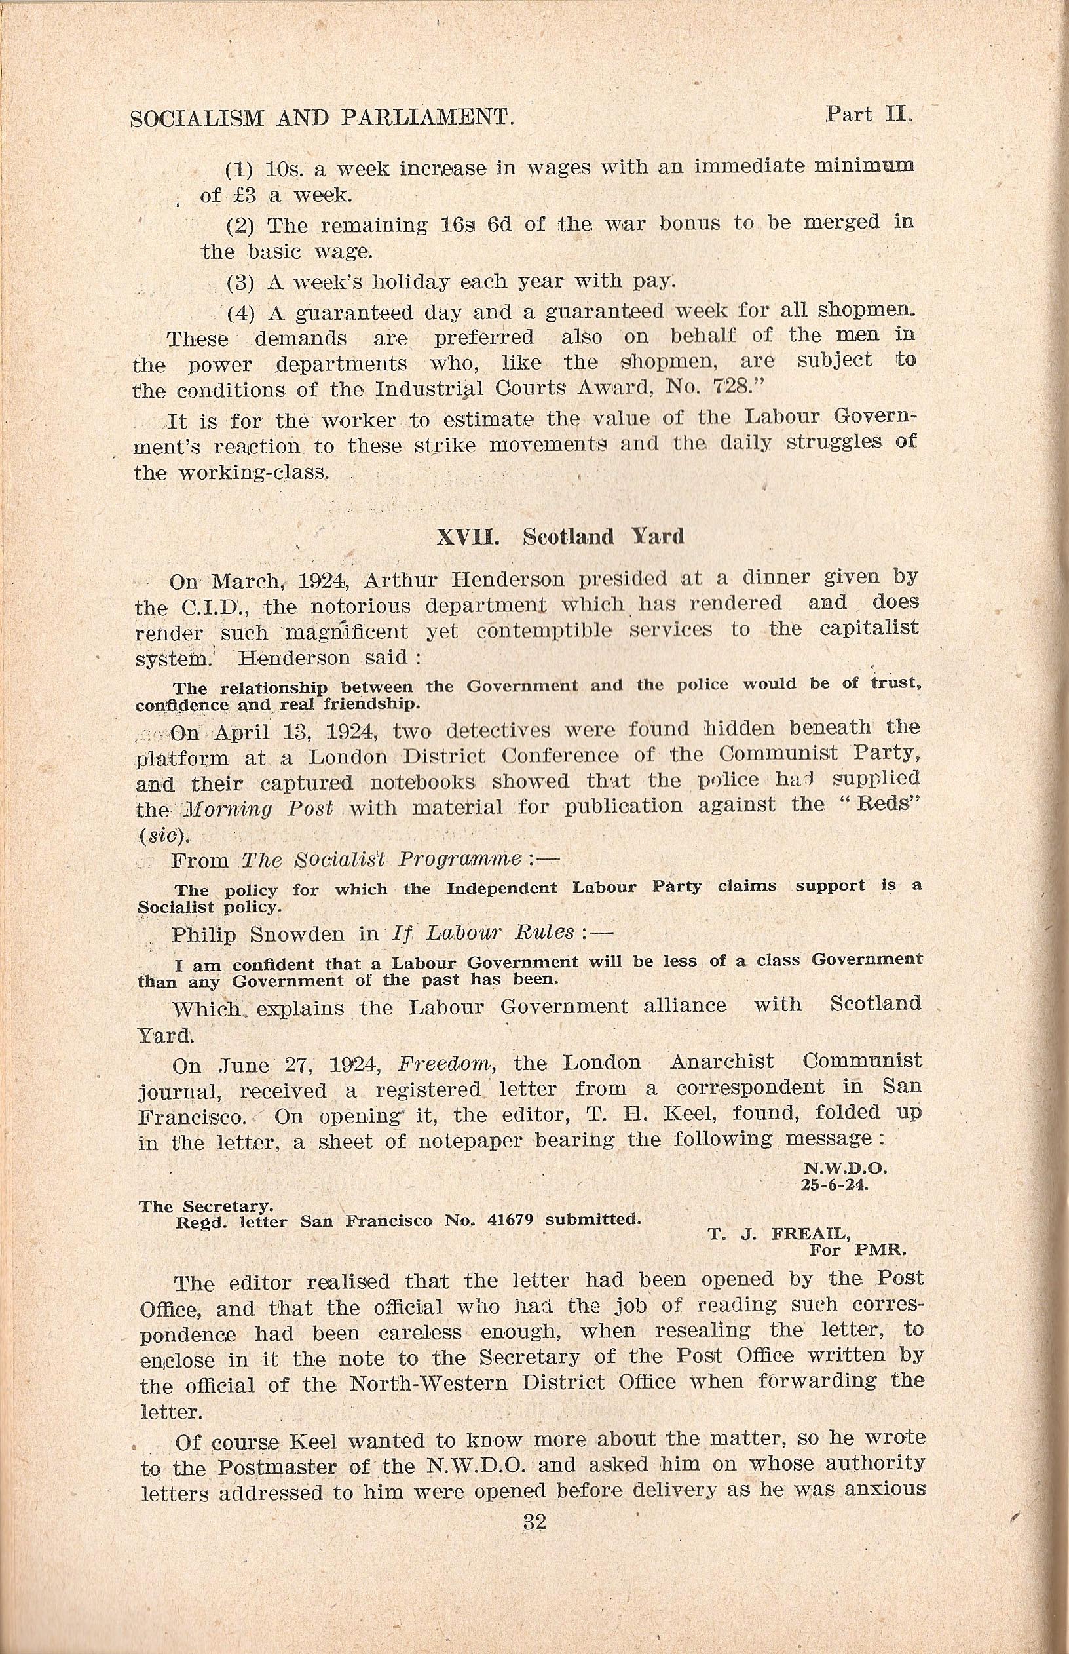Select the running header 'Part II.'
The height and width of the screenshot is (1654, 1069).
click(x=868, y=114)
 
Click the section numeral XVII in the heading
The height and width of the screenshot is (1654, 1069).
click(x=466, y=537)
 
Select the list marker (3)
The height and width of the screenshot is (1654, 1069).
click(x=240, y=283)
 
